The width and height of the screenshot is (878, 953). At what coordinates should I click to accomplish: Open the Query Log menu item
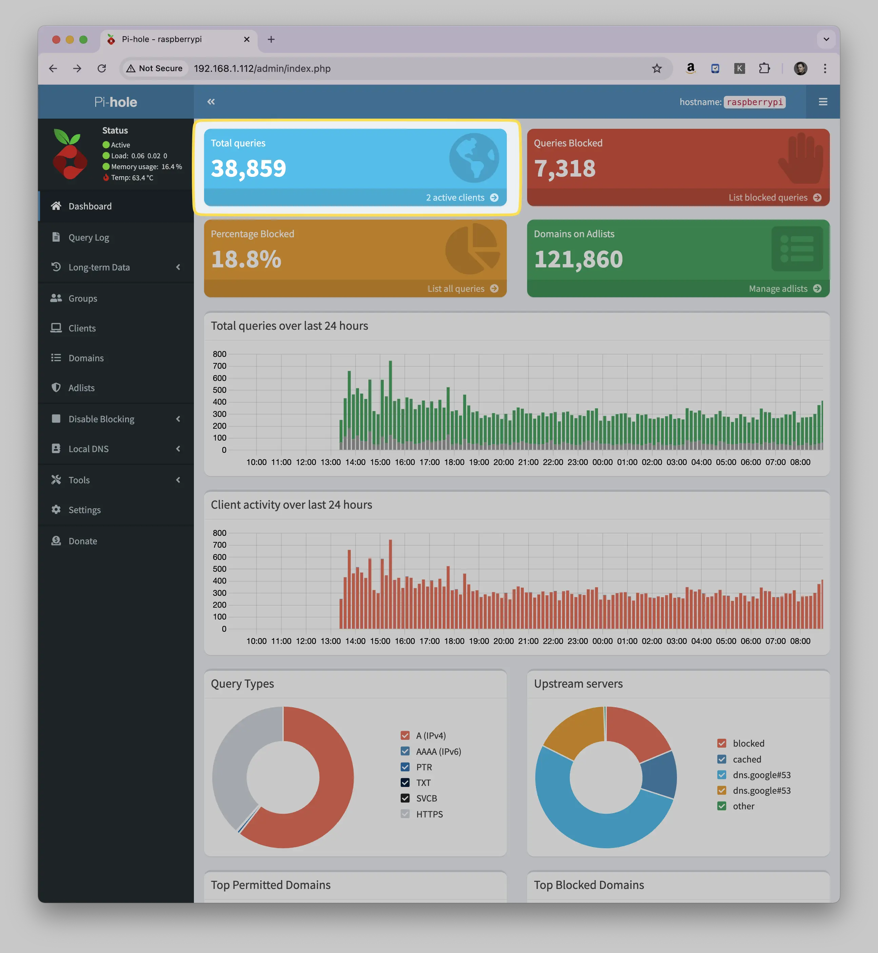[88, 238]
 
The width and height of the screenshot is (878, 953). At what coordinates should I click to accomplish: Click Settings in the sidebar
[84, 510]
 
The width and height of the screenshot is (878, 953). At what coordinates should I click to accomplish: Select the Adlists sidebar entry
[81, 388]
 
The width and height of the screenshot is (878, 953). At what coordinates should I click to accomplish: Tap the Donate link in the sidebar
[83, 541]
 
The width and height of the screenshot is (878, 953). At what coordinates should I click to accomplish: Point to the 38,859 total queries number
[248, 168]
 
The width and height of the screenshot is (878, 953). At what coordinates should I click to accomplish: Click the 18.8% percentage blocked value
[246, 259]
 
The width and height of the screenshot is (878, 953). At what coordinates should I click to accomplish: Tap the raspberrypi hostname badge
[755, 102]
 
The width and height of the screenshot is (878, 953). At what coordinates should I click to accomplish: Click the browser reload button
[102, 68]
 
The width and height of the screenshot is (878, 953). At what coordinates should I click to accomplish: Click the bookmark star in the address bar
[657, 68]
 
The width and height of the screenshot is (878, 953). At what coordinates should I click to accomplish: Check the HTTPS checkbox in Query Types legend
[405, 814]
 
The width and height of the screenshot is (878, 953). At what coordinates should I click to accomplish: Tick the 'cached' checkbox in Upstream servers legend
[722, 759]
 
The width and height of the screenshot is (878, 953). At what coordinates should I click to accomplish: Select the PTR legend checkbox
[405, 767]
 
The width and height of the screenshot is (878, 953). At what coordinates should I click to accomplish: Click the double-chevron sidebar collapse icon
[211, 102]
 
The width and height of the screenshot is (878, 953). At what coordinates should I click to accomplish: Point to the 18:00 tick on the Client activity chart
[454, 641]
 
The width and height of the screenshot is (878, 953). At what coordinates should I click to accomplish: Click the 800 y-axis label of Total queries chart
[220, 354]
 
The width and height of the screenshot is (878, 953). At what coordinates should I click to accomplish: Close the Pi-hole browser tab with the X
[246, 39]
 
